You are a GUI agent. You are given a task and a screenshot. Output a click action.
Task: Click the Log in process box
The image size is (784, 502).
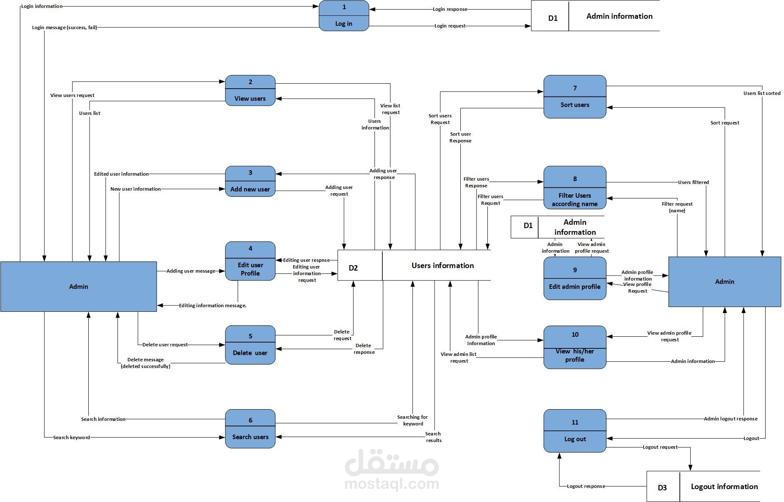tap(344, 16)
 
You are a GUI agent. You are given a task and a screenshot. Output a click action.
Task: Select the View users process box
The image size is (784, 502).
tap(250, 91)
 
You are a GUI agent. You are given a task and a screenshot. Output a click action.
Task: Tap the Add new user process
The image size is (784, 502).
tap(250, 181)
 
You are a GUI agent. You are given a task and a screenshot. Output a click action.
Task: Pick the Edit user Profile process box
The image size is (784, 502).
tap(250, 261)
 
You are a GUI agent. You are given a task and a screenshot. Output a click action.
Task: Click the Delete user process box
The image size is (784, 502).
tap(250, 345)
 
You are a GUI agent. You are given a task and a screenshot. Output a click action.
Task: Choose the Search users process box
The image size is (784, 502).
tap(250, 429)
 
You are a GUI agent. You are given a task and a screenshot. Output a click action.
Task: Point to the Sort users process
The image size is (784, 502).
tap(574, 97)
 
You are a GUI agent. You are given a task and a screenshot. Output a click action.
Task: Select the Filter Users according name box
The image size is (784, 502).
tap(574, 188)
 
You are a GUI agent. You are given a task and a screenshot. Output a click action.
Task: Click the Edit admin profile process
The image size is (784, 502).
tap(574, 278)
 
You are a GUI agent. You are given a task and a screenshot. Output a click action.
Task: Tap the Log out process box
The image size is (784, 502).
tap(574, 431)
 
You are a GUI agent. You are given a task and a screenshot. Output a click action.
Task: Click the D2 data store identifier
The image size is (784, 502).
tap(353, 268)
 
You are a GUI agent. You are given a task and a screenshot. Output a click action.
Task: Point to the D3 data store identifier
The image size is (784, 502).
tap(662, 487)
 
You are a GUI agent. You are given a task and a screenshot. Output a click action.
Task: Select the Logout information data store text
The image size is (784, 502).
tap(724, 487)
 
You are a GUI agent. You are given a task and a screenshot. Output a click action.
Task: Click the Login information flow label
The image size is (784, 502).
tap(42, 6)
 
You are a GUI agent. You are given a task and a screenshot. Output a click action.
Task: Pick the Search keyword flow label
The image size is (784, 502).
tap(71, 437)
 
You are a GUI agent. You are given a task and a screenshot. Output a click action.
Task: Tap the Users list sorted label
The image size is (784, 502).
tap(762, 93)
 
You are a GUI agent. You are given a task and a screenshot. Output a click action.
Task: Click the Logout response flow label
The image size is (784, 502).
tap(586, 486)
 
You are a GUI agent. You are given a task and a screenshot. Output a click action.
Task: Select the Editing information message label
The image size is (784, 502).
tap(212, 306)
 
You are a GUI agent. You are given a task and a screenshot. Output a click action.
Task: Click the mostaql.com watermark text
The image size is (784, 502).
tap(392, 484)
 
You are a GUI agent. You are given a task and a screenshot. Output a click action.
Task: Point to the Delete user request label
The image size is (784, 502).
tap(165, 345)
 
